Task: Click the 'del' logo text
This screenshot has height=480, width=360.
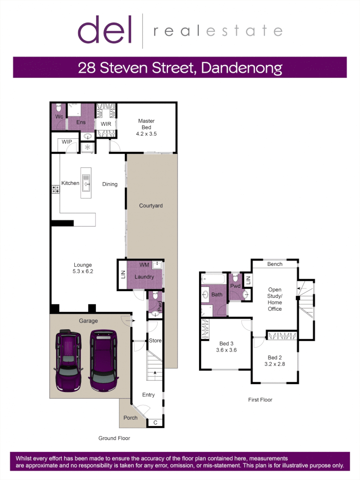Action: pyautogui.click(x=105, y=30)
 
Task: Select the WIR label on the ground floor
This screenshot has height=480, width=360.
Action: pyautogui.click(x=106, y=124)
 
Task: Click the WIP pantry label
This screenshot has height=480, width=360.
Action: pyautogui.click(x=67, y=142)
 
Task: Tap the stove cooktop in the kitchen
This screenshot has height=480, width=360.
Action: pyautogui.click(x=56, y=189)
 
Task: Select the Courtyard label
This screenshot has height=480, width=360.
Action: pyautogui.click(x=151, y=206)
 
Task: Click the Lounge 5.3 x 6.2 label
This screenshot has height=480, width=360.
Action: pyautogui.click(x=83, y=268)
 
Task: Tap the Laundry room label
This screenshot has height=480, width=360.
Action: pyautogui.click(x=144, y=277)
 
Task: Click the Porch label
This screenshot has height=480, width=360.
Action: pyautogui.click(x=130, y=418)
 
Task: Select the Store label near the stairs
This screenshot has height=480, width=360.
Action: pyautogui.click(x=155, y=341)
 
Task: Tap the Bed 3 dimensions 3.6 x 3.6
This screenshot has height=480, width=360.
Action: pyautogui.click(x=226, y=350)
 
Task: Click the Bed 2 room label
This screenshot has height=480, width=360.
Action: pyautogui.click(x=275, y=358)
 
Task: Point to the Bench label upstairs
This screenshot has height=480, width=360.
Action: pyautogui.click(x=275, y=264)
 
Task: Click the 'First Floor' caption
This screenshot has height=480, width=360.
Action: pyautogui.click(x=260, y=400)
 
